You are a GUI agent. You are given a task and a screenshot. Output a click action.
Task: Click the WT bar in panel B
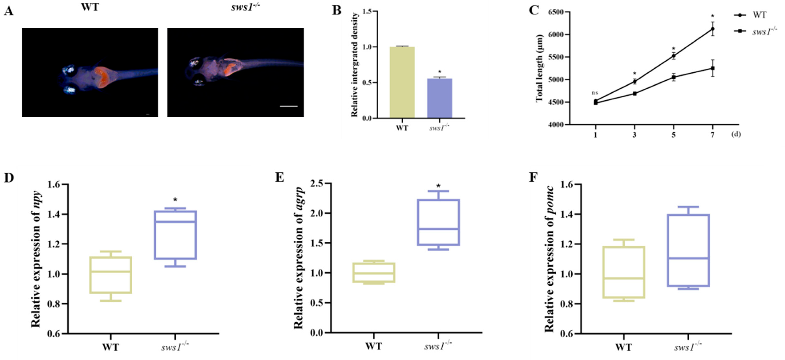click(x=402, y=82)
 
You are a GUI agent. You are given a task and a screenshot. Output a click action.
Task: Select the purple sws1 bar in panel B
click(x=439, y=98)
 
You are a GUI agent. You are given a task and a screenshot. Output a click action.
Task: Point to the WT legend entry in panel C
click(x=759, y=15)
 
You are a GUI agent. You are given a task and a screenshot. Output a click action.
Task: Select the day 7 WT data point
click(x=712, y=29)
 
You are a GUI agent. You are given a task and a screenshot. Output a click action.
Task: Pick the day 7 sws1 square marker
click(x=712, y=68)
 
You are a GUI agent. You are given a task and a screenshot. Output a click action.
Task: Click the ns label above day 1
click(x=595, y=93)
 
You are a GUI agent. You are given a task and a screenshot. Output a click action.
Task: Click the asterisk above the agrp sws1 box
click(x=438, y=186)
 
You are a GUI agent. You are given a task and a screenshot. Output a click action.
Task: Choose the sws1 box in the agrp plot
click(x=438, y=222)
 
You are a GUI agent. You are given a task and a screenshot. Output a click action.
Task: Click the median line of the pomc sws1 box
click(x=688, y=259)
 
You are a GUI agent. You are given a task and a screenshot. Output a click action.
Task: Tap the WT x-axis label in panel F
click(x=623, y=347)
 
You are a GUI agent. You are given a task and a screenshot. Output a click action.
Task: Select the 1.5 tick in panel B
click(x=367, y=12)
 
